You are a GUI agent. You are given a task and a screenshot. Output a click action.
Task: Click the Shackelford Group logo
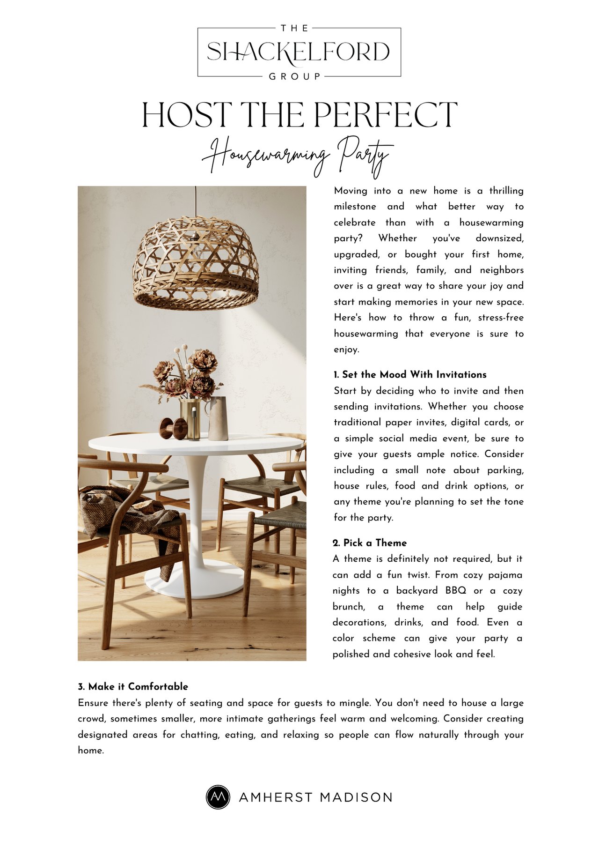click(x=299, y=52)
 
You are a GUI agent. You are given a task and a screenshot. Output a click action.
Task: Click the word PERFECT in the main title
click(x=385, y=115)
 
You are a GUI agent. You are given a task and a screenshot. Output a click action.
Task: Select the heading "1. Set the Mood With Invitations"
click(x=410, y=375)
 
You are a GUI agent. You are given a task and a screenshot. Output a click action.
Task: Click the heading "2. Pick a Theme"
click(x=370, y=543)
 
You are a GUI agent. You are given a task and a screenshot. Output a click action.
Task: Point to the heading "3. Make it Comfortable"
click(x=133, y=687)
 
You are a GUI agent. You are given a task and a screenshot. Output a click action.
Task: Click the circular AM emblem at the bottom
click(x=218, y=797)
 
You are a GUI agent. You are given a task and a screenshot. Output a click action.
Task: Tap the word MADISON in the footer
click(x=356, y=797)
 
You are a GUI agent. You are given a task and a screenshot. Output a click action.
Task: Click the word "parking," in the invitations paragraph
click(x=505, y=470)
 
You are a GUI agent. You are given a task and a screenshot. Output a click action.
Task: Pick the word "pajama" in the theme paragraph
click(x=505, y=575)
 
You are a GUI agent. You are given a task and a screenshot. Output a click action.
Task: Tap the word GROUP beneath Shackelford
click(x=295, y=76)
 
